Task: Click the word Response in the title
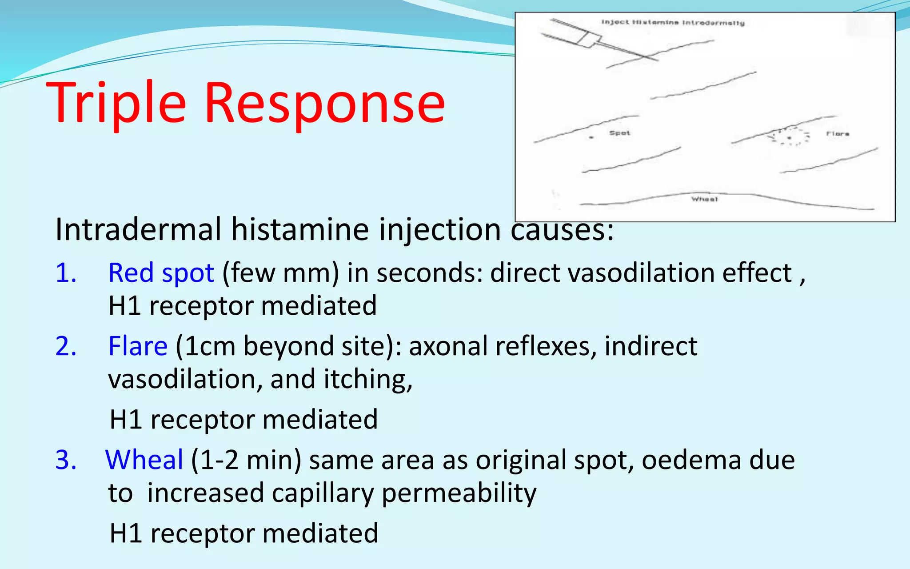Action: (324, 103)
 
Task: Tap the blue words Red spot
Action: (161, 272)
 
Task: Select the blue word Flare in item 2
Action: (138, 346)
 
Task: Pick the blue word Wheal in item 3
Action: (144, 460)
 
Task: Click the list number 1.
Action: (66, 272)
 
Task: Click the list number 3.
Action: (66, 460)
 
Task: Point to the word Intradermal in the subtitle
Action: (138, 230)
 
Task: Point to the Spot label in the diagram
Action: (619, 133)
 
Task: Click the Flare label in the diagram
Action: (838, 133)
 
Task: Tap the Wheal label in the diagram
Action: (704, 199)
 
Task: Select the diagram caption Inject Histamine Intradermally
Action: (673, 22)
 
